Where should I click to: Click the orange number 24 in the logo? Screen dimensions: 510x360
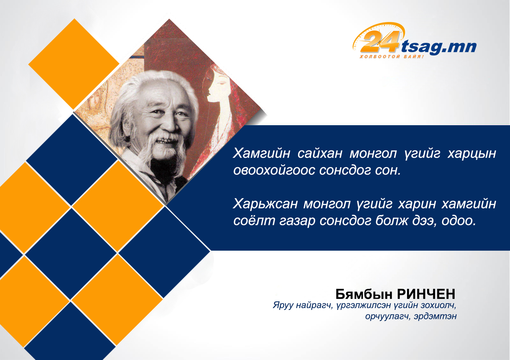click(380, 41)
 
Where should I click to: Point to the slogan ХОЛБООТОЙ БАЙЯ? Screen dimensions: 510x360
click(392, 56)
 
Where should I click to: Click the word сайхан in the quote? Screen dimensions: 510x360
click(320, 153)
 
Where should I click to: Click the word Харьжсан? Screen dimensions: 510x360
click(265, 204)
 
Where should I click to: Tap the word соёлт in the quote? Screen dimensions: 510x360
click(254, 220)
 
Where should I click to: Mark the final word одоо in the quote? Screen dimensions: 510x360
click(459, 221)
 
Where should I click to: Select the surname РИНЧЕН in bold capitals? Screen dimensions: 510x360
click(426, 294)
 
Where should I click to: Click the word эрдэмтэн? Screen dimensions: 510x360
click(435, 317)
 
